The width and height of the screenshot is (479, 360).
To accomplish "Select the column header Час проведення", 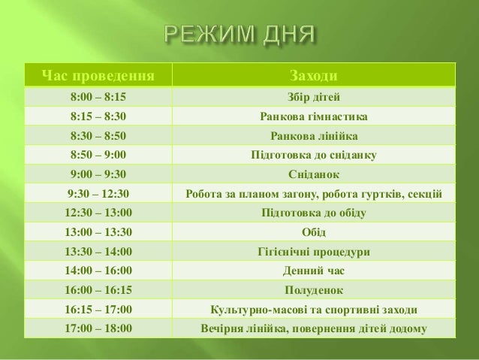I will coord(98,76).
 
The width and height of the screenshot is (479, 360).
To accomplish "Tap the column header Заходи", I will coord(313,76).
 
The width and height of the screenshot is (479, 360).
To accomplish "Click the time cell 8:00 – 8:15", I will coord(98,97).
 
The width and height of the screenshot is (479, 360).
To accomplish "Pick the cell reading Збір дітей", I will coord(313,97).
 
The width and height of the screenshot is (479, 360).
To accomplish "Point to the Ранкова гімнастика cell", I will coord(313,116).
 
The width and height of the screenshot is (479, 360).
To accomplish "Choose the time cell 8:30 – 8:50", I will coord(98,136).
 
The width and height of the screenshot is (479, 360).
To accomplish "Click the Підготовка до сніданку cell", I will coord(313,156).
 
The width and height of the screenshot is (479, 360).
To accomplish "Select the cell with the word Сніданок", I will coord(313,174).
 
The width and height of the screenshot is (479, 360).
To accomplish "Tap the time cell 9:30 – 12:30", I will coord(98,194).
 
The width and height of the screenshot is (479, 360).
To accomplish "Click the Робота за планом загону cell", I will coord(313,194).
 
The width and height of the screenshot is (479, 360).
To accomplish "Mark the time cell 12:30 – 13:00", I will coord(98,213).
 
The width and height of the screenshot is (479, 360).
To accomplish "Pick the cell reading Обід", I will coord(313,232).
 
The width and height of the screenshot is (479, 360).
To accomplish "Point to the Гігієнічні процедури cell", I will coord(313,252).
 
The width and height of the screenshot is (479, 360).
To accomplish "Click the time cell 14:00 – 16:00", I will coord(98,271).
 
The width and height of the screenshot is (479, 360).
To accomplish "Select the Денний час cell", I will coord(313,271).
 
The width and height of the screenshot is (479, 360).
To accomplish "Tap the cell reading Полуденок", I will coord(313,290).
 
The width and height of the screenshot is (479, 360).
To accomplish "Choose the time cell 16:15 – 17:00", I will coord(98,309).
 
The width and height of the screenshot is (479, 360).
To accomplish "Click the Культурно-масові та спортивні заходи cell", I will coord(313,309).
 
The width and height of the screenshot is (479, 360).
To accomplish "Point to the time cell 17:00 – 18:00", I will coord(98,328).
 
